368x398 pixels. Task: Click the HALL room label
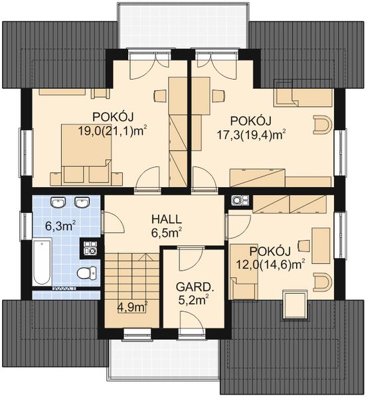pos(167,219)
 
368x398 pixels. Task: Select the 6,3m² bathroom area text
pos(61,226)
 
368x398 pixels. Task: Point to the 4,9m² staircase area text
pos(132,307)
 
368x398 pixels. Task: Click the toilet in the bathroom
pos(87,273)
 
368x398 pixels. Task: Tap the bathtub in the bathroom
pos(43,262)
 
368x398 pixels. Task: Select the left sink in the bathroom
pos(58,202)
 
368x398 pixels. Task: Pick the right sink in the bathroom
pos(82,202)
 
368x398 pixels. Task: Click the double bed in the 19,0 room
pos(86,153)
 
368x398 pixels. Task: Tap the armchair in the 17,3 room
pos(323,125)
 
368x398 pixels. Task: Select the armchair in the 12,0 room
pos(323,282)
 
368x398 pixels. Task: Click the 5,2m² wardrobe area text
pos(194,300)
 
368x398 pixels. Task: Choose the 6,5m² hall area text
pos(167,233)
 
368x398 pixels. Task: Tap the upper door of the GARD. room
pos(190,259)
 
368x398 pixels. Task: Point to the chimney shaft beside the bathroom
pos(90,248)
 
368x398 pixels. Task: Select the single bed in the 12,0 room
pos(244,271)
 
